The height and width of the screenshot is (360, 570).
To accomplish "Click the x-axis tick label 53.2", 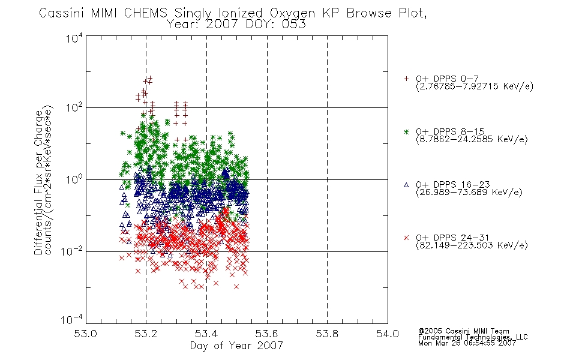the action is [x=146, y=334].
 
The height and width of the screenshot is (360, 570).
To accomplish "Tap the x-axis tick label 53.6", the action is [x=267, y=334].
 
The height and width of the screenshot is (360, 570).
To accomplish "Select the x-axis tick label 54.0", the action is [x=388, y=334].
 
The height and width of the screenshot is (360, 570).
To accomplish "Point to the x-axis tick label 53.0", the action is [x=85, y=334].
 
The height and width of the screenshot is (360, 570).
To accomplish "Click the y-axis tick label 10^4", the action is [x=74, y=38].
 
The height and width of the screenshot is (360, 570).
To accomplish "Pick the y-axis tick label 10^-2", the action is [x=72, y=251].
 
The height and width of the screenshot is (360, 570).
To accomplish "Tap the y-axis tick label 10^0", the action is [x=74, y=179].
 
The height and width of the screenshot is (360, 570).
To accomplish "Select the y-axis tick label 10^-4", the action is [x=72, y=319].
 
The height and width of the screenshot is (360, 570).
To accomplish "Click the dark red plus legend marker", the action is [x=406, y=79].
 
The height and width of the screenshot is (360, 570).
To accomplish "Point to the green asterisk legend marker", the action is [x=406, y=131].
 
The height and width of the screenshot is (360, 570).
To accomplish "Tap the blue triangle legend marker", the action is [x=406, y=185].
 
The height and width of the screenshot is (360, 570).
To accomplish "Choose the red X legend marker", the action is [x=406, y=238].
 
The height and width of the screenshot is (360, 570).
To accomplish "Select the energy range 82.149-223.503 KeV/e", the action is [x=472, y=245].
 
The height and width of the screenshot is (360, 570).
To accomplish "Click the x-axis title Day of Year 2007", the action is [x=236, y=346].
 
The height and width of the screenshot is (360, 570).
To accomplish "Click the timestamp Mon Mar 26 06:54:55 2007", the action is [x=467, y=343].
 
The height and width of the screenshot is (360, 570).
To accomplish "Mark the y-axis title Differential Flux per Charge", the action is [x=38, y=182].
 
